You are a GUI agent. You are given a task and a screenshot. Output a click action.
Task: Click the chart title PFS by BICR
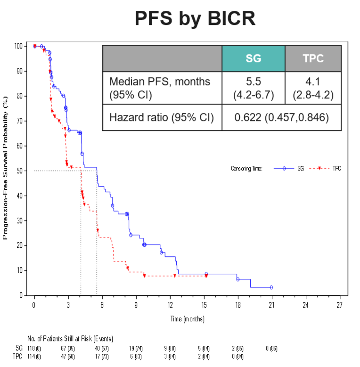pyautogui.click(x=195, y=18)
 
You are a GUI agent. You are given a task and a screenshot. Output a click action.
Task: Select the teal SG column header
pyautogui.click(x=253, y=58)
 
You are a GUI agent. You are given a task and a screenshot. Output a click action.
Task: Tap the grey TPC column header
pyautogui.click(x=313, y=58)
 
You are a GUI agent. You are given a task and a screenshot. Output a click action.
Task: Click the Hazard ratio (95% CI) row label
pyautogui.click(x=161, y=117)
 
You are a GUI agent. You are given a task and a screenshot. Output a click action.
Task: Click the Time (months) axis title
pyautogui.click(x=187, y=319)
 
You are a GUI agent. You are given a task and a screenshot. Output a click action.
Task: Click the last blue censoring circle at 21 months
pyautogui.click(x=271, y=287)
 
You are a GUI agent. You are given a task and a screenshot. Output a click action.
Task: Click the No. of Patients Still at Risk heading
pyautogui.click(x=70, y=339)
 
